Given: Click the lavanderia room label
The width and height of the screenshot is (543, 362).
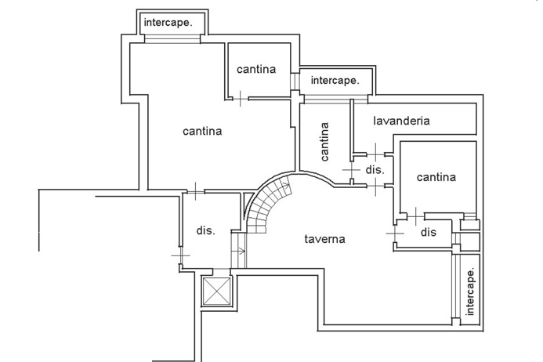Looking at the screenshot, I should pos(401,121).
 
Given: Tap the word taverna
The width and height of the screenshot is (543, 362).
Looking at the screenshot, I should pos(324,239).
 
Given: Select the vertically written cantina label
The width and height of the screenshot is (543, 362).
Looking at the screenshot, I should pos(324,139).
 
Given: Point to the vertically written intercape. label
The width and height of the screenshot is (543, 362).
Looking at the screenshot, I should pos(470,292).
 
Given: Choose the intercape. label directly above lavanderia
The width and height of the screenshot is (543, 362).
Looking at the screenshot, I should pos(335,80).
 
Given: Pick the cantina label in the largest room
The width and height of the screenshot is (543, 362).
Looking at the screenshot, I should pos(202,131).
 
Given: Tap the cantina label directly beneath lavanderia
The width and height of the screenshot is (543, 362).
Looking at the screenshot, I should pos(436,177).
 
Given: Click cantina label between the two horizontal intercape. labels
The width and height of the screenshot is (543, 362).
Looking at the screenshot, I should pos(256,69).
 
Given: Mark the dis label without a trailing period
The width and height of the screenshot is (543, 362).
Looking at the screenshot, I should pos(428,232).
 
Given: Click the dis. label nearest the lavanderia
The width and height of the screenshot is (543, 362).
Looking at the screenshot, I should pos(374,169).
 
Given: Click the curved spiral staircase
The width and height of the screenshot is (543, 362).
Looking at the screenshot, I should pos(265,205).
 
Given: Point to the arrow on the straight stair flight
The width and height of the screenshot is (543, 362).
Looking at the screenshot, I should pos(241,251).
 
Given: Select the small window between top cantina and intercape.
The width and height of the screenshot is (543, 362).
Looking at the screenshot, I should pos(295,81).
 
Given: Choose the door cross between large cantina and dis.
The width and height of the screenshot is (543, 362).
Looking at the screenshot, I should pos(190,190).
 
